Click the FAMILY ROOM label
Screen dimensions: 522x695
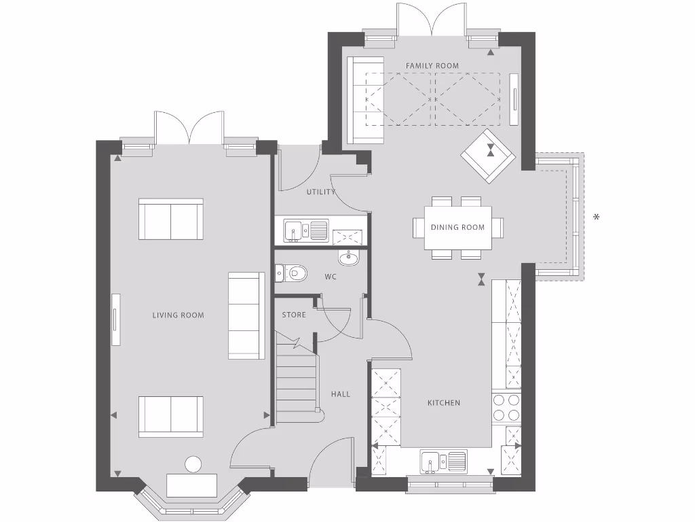click(x=432, y=66)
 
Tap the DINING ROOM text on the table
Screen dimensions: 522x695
click(x=457, y=227)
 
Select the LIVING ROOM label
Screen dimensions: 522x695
click(x=178, y=315)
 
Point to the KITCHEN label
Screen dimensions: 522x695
click(x=444, y=403)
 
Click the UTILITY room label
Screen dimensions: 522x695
click(x=320, y=192)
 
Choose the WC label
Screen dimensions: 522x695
click(x=331, y=277)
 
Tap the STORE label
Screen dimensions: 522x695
click(x=294, y=315)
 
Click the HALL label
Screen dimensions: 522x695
click(x=341, y=394)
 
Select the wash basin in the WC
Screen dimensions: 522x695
click(x=348, y=258)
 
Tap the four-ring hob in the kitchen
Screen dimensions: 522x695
click(x=506, y=408)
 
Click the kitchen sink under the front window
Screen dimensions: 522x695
click(x=443, y=461)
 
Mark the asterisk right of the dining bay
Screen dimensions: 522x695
click(x=597, y=217)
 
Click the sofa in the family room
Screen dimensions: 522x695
click(x=365, y=100)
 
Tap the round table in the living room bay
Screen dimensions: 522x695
click(x=193, y=464)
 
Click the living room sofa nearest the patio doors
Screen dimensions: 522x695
click(x=170, y=219)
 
